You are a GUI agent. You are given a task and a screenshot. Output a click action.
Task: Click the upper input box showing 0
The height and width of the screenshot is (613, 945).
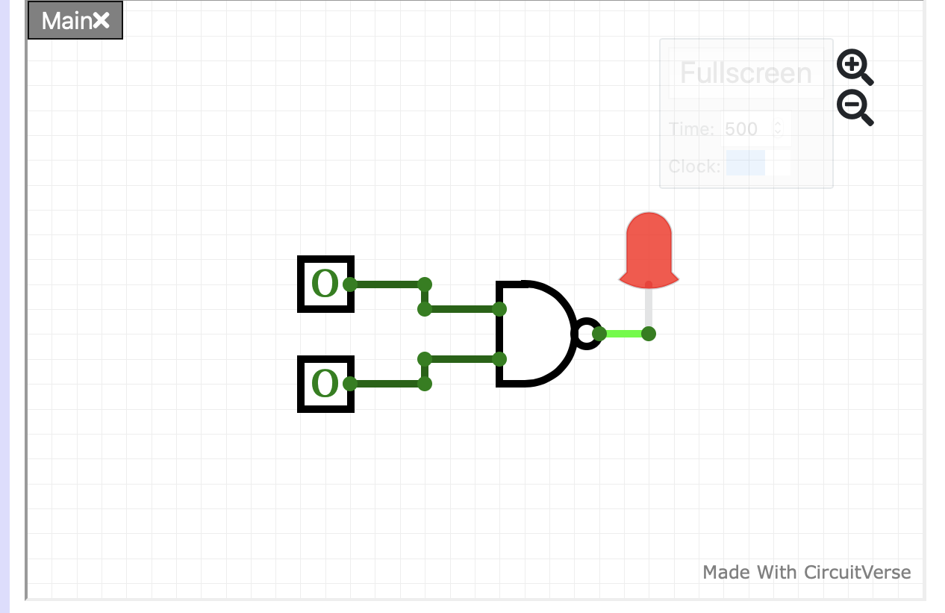(325, 284)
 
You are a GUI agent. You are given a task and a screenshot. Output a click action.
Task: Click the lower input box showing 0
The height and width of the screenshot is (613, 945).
(325, 384)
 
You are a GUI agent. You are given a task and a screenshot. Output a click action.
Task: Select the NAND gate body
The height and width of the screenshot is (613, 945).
(531, 334)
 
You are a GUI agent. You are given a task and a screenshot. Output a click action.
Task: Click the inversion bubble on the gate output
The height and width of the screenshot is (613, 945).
(587, 334)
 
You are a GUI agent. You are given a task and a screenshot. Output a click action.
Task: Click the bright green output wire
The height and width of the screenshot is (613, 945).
(624, 334)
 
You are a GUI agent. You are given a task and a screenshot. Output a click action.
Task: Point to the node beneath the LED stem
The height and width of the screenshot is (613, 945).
(649, 334)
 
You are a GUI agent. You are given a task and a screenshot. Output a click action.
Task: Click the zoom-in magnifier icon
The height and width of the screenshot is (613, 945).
(854, 67)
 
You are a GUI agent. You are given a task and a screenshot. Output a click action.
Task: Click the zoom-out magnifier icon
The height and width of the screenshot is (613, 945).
(854, 108)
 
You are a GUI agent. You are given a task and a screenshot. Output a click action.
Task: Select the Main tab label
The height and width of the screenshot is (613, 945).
(66, 21)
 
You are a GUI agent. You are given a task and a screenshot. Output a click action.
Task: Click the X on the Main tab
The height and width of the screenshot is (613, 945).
(102, 20)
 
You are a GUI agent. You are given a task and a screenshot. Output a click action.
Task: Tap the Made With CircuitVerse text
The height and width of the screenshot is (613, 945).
(806, 573)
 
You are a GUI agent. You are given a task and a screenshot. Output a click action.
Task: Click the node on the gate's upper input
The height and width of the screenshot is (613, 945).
(499, 309)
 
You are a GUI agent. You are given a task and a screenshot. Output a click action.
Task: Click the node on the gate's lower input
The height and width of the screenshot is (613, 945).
(499, 359)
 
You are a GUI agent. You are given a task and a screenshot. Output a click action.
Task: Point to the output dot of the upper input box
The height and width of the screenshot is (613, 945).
(349, 284)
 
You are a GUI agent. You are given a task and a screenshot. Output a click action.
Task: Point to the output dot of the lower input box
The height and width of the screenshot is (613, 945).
(349, 384)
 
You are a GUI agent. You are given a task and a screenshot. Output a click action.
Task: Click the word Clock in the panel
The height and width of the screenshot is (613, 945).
(694, 166)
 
